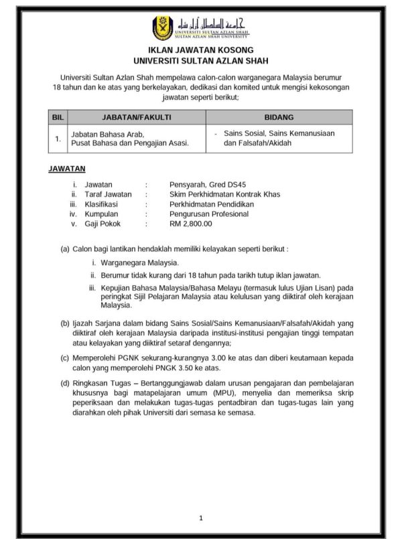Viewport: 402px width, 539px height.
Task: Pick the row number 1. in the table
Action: [58, 139]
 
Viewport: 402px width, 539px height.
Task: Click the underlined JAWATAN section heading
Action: [66, 169]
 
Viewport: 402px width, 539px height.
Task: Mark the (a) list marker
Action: [65, 248]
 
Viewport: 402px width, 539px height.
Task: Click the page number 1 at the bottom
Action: [200, 518]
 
